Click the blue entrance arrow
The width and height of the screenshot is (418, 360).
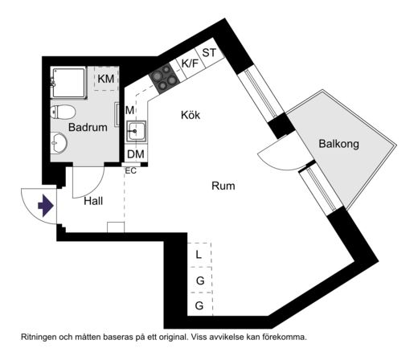[x=46, y=206]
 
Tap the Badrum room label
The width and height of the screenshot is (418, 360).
[x=88, y=127]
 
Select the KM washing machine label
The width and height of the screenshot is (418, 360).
[x=106, y=79]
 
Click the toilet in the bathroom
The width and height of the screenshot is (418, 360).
[x=63, y=112]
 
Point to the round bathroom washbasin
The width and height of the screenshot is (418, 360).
[x=59, y=143]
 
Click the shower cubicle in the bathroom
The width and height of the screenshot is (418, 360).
[x=69, y=83]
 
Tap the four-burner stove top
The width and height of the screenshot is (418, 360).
[x=164, y=78]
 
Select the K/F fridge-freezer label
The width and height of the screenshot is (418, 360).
[x=190, y=63]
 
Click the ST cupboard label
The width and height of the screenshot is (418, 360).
[x=209, y=53]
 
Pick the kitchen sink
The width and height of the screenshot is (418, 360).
[x=137, y=131]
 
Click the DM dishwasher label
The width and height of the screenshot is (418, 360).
[x=136, y=154]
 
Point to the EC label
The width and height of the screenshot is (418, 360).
[x=131, y=170]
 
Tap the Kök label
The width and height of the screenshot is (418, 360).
[x=191, y=115]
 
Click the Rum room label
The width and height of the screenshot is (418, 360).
[x=223, y=186]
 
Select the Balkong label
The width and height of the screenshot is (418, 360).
[x=338, y=144]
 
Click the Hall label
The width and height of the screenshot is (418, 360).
[x=93, y=201]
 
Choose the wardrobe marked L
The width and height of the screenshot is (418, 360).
[x=199, y=255]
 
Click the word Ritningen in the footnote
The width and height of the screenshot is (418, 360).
[x=39, y=337]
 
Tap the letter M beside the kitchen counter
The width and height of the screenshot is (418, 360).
[x=129, y=110]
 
